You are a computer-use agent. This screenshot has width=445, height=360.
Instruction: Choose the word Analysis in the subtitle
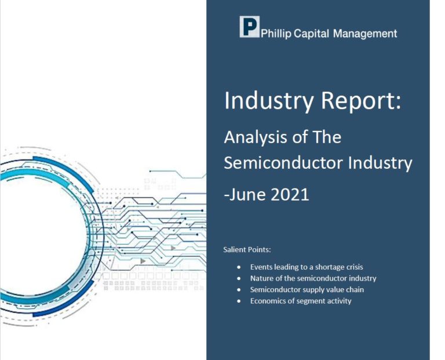coord(257,138)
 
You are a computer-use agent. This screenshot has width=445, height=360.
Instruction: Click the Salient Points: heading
coord(247,250)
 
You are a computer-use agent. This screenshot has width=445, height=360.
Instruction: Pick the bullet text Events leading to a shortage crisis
coord(307,267)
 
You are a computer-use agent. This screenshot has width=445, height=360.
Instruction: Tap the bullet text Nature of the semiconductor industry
coord(313,278)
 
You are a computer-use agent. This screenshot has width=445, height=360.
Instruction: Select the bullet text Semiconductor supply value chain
coord(307,289)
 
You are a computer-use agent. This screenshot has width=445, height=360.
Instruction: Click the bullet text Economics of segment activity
coord(301,301)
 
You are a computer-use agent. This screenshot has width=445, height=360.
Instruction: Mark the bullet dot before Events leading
coord(239,268)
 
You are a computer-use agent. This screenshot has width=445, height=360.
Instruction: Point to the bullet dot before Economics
coord(239,301)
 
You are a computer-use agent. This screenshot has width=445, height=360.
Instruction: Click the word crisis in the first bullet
coord(354,267)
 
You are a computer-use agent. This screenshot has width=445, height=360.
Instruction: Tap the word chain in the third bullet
coord(355,289)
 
